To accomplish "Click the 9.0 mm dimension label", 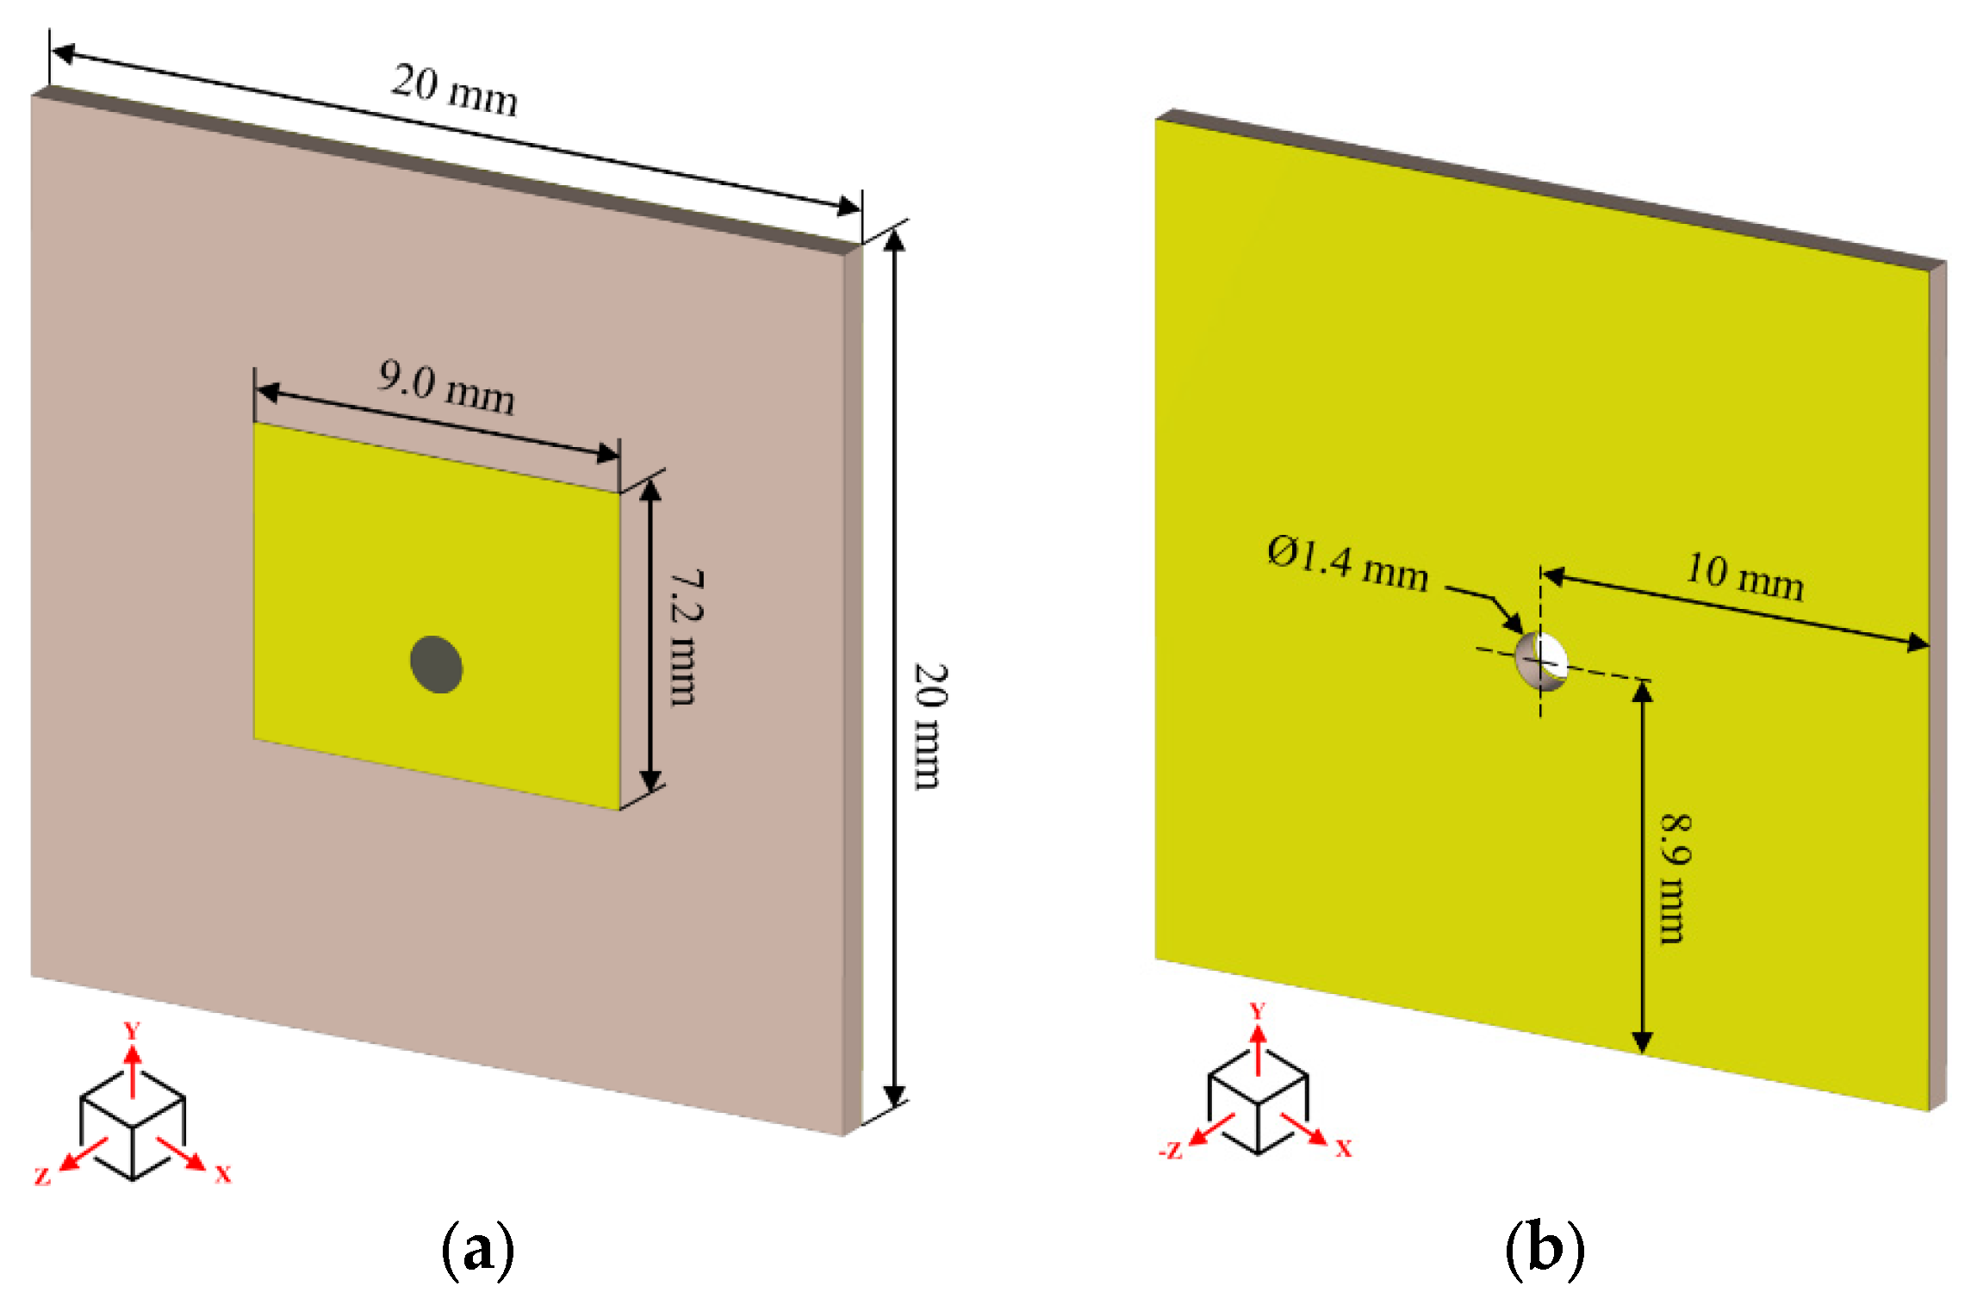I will coord(446,388).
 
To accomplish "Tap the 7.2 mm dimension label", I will coord(687,637).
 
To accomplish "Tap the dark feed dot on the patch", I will coord(436,664).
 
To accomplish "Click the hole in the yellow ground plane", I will coord(1541,662).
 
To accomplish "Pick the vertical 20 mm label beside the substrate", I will coord(930,726).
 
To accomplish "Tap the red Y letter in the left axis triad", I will coord(132,1031).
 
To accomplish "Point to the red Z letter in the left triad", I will coord(42,1177).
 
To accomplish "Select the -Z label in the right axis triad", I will coord(1171,1151).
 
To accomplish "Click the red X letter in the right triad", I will coord(1344,1148).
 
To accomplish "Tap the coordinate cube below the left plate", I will coord(133,1125).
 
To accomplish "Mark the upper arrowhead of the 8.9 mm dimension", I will coord(1643,691).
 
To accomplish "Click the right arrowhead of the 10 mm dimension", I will coord(1919,643).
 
